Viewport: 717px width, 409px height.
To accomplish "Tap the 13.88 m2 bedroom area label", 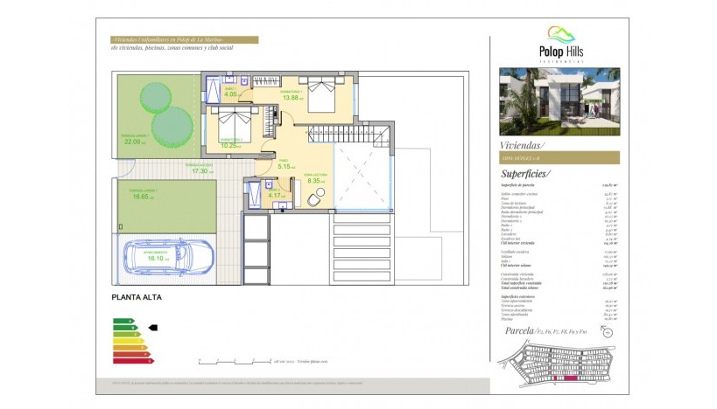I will [x=292, y=97].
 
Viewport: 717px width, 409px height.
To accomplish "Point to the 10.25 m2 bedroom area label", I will [x=231, y=145].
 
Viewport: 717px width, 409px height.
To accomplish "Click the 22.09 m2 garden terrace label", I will [x=136, y=141].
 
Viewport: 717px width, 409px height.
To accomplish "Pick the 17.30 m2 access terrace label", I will [x=202, y=170].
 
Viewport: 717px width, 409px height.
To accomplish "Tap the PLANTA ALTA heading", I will [x=137, y=297].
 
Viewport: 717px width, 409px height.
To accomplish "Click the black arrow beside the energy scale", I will [x=153, y=328].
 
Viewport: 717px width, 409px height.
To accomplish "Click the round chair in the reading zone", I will [x=316, y=199].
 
